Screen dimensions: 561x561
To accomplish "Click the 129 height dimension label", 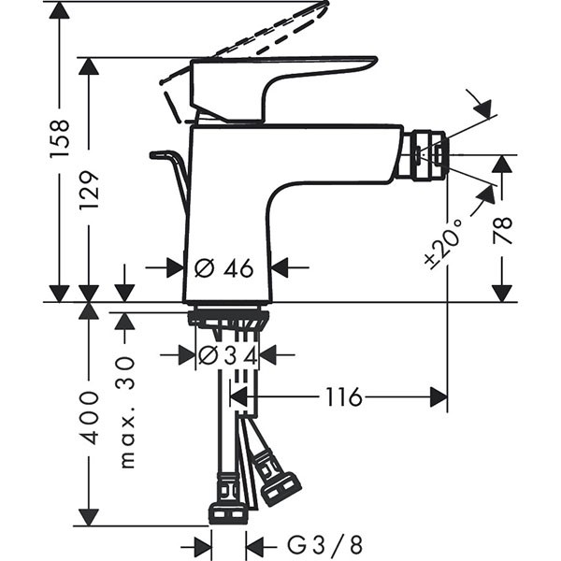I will coord(89,189).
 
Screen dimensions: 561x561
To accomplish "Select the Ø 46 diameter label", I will coord(224,268).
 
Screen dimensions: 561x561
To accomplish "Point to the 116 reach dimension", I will coord(343,397).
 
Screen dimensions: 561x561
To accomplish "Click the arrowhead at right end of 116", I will coord(438,397).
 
